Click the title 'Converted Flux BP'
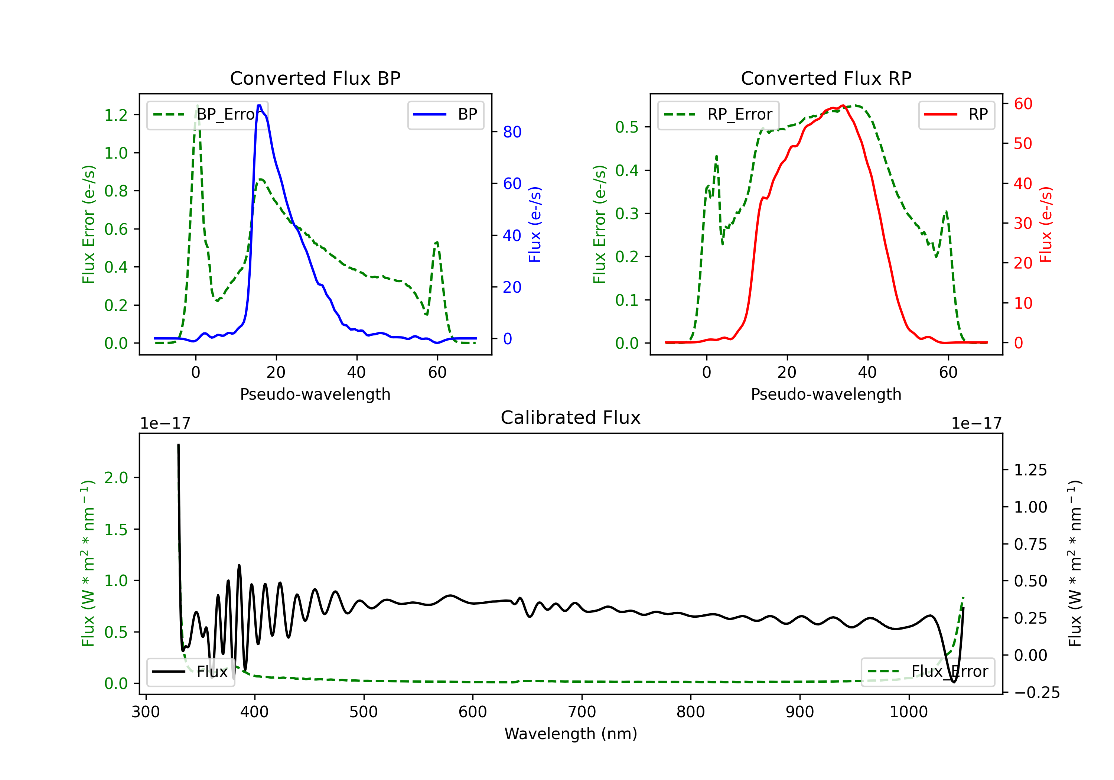click(315, 78)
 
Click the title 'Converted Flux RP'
click(826, 78)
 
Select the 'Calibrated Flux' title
click(571, 417)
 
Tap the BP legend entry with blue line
click(445, 114)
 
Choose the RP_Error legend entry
click(718, 114)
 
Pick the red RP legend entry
click(956, 114)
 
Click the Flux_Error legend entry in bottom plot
click(928, 672)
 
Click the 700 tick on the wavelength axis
click(582, 712)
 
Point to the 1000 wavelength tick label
click(909, 712)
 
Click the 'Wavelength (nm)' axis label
click(571, 734)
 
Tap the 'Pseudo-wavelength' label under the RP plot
click(826, 394)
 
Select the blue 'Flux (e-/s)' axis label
click(535, 225)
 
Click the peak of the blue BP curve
click(259, 105)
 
